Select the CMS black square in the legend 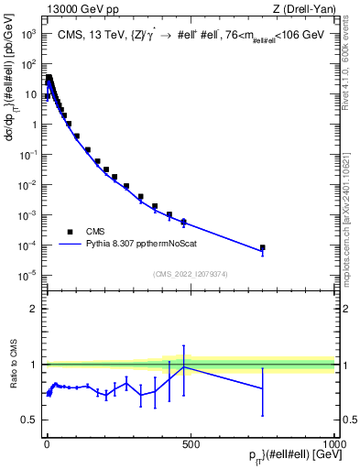(70, 232)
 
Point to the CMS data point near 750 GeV (262, 247)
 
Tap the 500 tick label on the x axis (191, 444)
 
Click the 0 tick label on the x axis (46, 444)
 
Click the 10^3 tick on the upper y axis (28, 34)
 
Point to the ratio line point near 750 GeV (262, 388)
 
